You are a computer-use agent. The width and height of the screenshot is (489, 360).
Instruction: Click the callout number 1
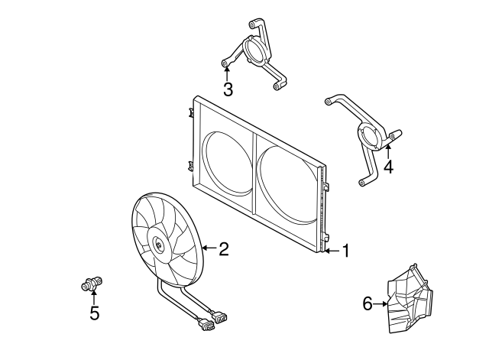coord(345,251)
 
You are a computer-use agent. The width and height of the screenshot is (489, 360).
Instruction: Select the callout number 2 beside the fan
coord(224,248)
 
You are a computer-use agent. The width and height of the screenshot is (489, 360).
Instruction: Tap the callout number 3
coord(228,89)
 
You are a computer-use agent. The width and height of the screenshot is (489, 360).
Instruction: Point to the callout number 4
coord(389,167)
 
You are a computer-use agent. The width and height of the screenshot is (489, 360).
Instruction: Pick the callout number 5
coord(94,313)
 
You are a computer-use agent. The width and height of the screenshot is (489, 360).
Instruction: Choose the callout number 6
coord(368,303)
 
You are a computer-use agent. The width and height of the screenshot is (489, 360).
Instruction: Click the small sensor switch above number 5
coord(92,284)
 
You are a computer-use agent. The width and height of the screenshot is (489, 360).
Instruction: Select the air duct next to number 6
coord(410,299)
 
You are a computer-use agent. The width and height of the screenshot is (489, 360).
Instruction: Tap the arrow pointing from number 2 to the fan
coord(210,248)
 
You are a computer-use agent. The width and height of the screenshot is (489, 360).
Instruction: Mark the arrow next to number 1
coord(332,251)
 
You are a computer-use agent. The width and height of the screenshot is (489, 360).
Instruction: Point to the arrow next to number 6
coord(381,303)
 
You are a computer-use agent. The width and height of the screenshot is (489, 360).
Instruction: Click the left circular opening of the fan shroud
coord(227,164)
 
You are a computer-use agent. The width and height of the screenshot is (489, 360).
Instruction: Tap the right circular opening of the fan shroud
coord(287,185)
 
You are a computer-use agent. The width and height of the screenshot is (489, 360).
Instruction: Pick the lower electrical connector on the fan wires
coord(206,326)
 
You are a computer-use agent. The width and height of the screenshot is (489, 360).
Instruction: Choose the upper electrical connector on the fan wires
coord(219,316)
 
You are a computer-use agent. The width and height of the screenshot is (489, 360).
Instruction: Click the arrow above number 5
coord(94,297)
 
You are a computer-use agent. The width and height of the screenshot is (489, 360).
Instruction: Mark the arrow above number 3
coord(227,73)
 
